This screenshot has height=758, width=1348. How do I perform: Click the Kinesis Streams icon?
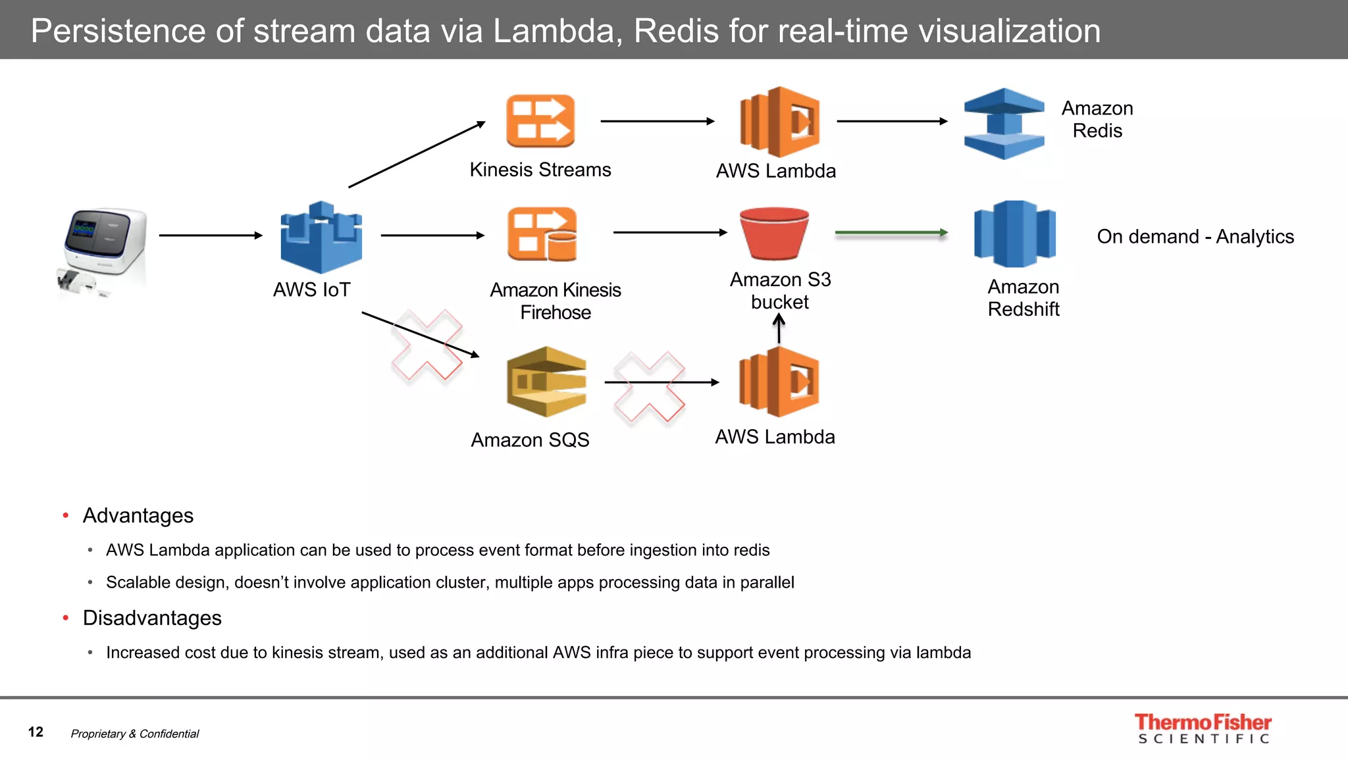click(540, 121)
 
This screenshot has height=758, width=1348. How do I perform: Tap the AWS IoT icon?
click(321, 238)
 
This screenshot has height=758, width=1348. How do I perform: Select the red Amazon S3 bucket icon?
click(774, 234)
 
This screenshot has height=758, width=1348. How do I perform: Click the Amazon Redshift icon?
click(1015, 234)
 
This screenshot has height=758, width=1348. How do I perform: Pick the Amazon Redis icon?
click(1004, 124)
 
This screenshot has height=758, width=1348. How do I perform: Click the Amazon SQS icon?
click(546, 382)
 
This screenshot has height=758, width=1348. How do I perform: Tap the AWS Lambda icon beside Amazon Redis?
click(779, 122)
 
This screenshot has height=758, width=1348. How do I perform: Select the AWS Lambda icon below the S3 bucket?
click(779, 382)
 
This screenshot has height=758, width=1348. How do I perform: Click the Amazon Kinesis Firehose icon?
click(542, 234)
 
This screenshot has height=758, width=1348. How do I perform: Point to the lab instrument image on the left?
click(103, 250)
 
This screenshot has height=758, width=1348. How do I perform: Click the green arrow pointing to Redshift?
click(891, 232)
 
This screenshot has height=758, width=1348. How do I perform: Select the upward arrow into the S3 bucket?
click(779, 328)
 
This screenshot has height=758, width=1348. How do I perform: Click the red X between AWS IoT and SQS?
click(427, 345)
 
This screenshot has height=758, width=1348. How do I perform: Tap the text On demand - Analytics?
click(1195, 236)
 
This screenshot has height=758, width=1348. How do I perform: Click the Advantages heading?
click(138, 515)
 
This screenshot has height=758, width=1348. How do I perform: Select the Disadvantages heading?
click(151, 618)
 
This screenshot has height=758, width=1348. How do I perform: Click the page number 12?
click(36, 732)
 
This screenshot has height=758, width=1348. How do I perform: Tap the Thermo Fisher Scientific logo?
click(1203, 728)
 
